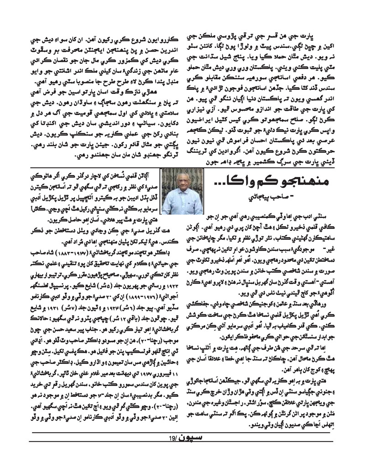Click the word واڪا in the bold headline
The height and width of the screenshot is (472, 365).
coord(226,181)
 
